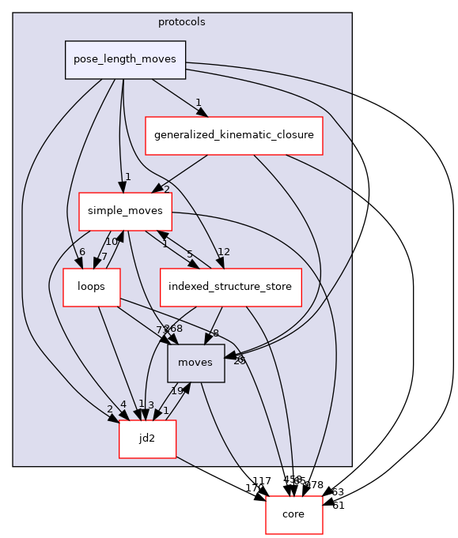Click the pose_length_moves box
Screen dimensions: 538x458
point(125,60)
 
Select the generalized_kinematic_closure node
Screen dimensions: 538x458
point(233,135)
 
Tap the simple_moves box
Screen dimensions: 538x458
point(126,211)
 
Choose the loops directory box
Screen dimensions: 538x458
point(92,286)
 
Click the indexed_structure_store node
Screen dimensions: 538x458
point(231,287)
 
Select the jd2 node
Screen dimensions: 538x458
point(146,438)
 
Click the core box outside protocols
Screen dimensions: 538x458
point(294,514)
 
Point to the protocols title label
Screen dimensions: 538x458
point(182,22)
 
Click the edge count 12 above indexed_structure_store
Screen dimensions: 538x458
point(223,252)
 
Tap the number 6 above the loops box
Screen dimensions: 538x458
point(81,252)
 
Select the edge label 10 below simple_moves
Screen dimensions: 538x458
point(112,241)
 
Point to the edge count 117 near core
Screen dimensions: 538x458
point(261,481)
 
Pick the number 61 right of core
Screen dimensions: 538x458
point(339,505)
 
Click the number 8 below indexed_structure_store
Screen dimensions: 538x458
point(215,333)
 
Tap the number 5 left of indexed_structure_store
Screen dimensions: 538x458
point(189,254)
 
